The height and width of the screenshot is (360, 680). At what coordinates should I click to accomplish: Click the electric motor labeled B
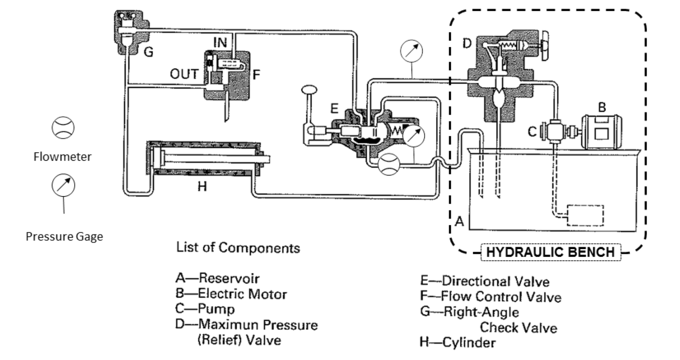602,132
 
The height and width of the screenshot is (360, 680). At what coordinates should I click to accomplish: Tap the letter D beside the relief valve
467,43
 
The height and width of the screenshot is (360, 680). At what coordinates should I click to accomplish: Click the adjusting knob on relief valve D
545,46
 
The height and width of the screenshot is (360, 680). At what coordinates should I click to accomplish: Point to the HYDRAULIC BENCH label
550,252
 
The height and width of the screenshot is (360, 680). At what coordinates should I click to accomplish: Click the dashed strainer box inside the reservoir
585,215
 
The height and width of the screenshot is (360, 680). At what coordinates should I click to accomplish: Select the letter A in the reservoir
459,221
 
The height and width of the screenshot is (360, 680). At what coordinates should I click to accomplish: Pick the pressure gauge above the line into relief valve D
411,51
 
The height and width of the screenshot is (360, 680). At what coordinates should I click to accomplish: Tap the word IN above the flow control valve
220,43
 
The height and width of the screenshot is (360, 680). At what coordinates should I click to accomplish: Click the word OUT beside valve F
184,74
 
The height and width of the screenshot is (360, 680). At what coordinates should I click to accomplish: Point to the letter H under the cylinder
202,187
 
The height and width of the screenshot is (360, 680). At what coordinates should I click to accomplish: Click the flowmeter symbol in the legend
63,128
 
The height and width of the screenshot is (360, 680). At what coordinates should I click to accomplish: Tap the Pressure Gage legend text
64,237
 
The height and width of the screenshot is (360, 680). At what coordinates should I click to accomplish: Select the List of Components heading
238,248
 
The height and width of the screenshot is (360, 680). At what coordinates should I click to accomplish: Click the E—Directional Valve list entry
484,281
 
